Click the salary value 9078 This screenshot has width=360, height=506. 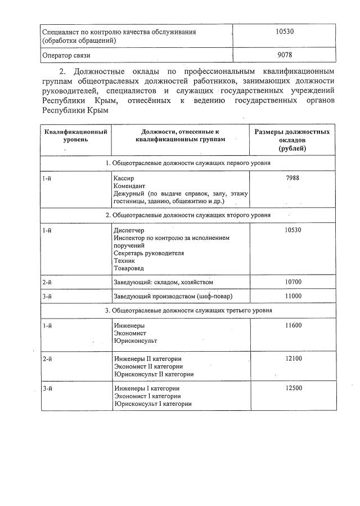point(284,55)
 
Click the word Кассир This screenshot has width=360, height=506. point(124,178)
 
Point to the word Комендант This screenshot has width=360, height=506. point(129,186)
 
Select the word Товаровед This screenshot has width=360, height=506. point(129,268)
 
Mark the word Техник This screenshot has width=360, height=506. point(124,261)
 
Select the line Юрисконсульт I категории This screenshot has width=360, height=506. point(152,404)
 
